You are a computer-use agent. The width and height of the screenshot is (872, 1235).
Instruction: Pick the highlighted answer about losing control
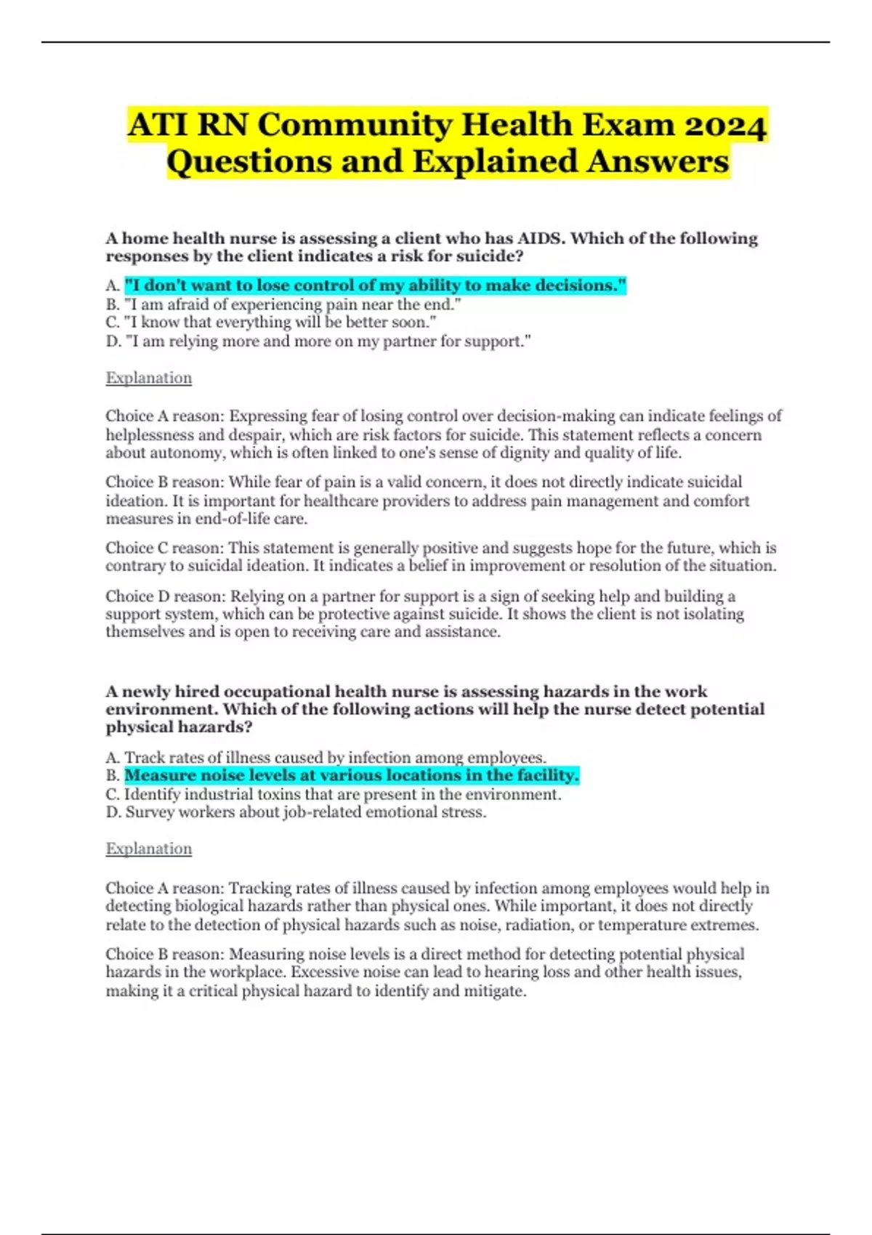pos(375,286)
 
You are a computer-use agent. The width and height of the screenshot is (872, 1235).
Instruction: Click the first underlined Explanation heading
pos(149,378)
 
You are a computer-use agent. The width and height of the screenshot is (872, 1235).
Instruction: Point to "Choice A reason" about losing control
pos(165,416)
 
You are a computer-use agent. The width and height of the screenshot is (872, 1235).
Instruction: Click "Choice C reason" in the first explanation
pos(165,548)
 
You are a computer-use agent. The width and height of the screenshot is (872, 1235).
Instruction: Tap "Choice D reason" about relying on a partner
pos(166,596)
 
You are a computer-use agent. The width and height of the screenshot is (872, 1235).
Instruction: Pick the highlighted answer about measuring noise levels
pos(352,776)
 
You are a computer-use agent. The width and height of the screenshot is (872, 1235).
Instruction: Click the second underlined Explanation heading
pos(149,849)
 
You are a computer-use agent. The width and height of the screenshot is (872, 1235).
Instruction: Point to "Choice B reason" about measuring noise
pos(165,954)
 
